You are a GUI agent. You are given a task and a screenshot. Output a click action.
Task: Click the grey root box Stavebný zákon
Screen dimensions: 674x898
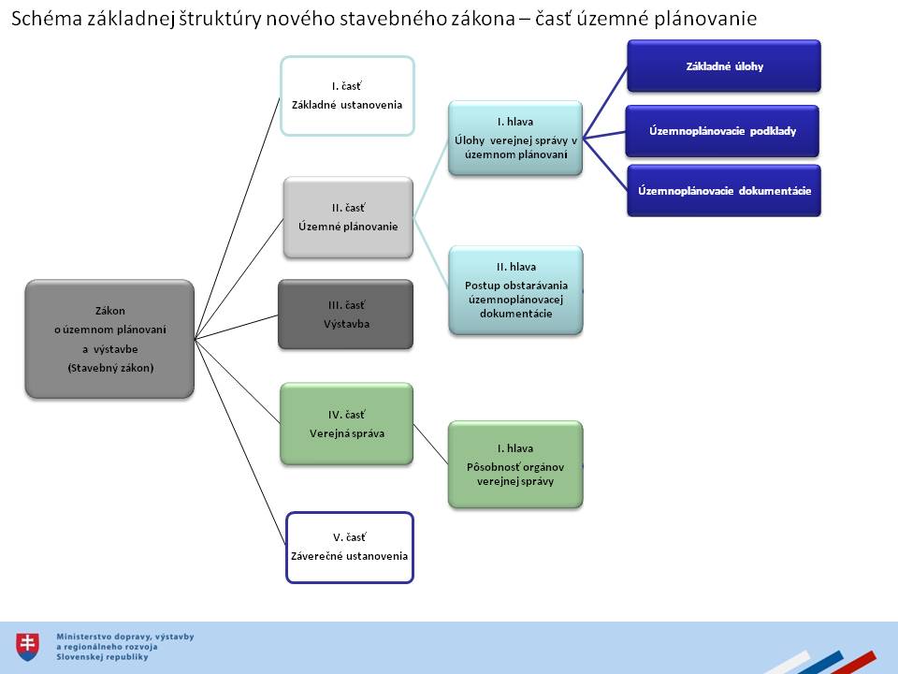point(110,339)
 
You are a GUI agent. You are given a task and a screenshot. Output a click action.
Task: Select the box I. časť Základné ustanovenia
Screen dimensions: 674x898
point(347,95)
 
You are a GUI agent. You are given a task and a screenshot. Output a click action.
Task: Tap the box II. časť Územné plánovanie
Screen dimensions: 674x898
point(348,217)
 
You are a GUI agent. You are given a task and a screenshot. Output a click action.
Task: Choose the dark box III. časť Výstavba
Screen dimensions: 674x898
point(345,315)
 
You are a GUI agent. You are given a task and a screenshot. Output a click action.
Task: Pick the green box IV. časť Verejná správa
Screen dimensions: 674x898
point(346,423)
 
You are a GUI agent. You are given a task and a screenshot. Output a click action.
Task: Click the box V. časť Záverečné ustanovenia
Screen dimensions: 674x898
point(348,547)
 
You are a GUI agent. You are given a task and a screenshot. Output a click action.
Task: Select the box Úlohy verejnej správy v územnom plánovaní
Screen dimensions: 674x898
point(515,138)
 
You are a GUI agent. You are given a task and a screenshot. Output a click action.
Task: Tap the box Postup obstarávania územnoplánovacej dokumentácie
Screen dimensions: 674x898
point(515,290)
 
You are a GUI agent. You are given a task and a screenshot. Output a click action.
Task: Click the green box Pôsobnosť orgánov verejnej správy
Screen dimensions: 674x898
point(515,464)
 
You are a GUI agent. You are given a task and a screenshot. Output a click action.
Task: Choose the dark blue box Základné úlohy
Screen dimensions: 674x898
point(723,66)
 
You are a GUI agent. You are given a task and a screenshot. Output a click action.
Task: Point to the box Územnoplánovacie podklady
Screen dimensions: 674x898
point(723,131)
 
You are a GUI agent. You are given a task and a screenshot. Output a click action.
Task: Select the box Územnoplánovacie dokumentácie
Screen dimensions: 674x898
point(723,191)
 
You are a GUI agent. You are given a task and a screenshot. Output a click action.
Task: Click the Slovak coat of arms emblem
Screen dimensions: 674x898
point(29,644)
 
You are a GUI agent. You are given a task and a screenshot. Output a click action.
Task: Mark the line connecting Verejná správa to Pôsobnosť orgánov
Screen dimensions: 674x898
point(430,444)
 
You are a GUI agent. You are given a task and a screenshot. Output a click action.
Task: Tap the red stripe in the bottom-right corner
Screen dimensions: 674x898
point(853,662)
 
